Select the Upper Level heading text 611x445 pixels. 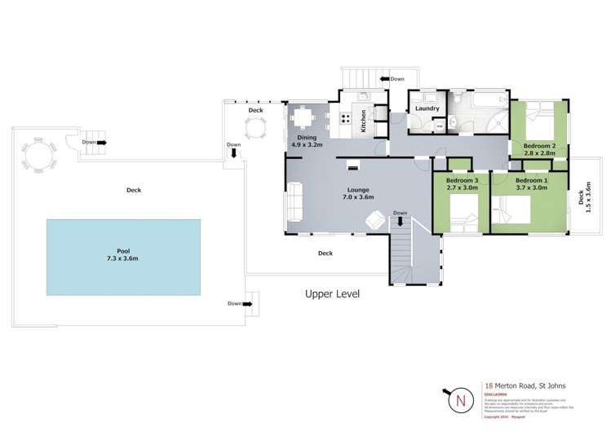pyautogui.click(x=332, y=293)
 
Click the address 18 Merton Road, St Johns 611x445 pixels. pyautogui.click(x=525, y=386)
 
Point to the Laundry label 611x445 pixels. pyautogui.click(x=427, y=108)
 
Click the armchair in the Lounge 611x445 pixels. pyautogui.click(x=375, y=220)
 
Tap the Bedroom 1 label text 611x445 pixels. pyautogui.click(x=531, y=179)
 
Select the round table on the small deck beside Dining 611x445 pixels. pyautogui.click(x=255, y=126)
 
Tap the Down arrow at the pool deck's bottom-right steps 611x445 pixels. pyautogui.click(x=236, y=303)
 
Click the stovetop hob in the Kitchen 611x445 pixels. pyautogui.click(x=344, y=121)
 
